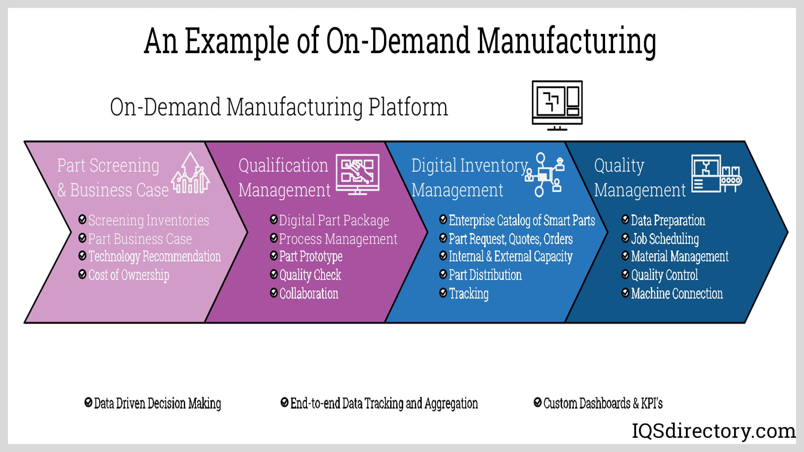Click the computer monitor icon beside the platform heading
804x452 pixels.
(x=557, y=105)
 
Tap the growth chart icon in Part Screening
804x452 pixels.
(x=191, y=173)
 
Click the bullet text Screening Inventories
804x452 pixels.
(x=148, y=220)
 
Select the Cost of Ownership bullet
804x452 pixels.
(x=129, y=275)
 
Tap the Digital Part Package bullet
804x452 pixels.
(x=334, y=220)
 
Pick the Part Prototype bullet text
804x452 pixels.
(x=311, y=256)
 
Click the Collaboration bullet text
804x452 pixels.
(x=309, y=293)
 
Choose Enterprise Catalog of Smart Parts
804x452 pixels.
(x=521, y=220)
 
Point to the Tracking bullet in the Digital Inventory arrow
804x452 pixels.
(x=469, y=293)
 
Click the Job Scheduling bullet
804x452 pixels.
(x=665, y=239)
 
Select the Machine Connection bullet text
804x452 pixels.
(x=677, y=293)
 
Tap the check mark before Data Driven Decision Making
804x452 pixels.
(x=88, y=403)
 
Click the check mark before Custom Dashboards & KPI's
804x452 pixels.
(x=538, y=403)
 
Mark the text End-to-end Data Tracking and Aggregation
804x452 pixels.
(x=384, y=403)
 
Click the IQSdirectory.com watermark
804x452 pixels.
(x=714, y=431)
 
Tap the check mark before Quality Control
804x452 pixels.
(x=625, y=275)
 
